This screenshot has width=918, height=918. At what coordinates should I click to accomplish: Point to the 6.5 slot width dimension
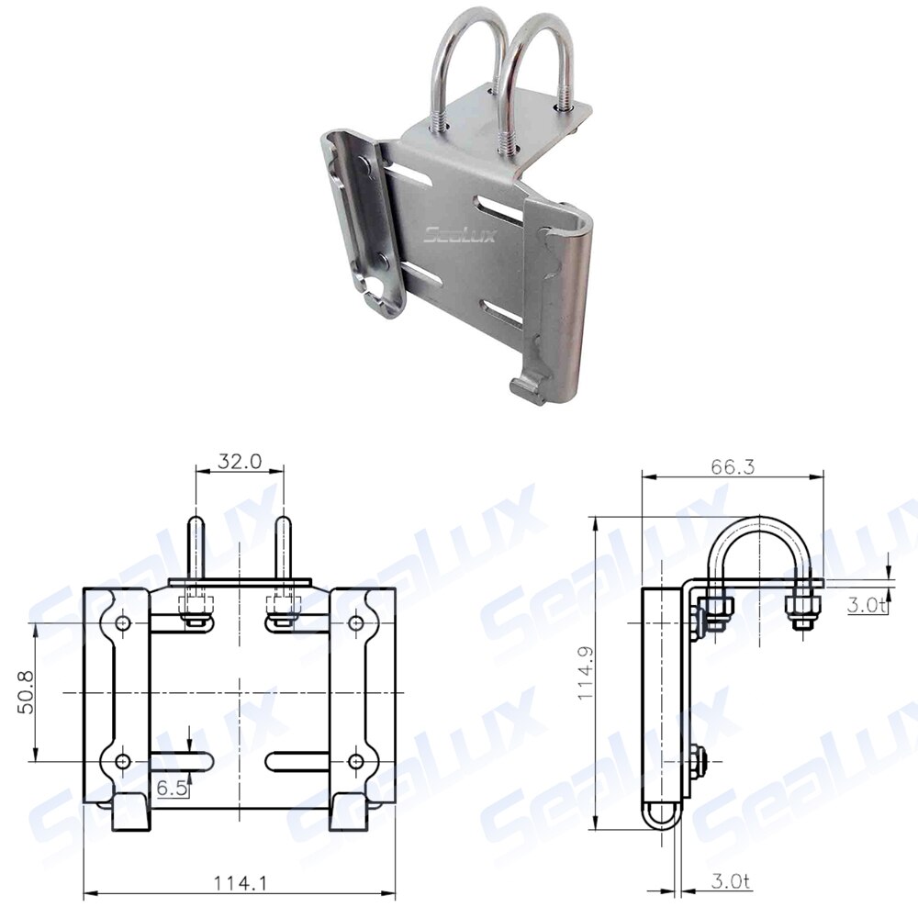pos(172,787)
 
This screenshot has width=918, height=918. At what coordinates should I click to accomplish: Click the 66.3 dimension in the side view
pos(732,466)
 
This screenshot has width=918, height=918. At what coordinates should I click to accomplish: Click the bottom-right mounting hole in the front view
pos(357,761)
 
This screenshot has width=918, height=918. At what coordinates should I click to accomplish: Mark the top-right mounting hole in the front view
pos(357,623)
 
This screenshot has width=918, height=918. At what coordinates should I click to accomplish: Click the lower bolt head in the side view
pos(698,761)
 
